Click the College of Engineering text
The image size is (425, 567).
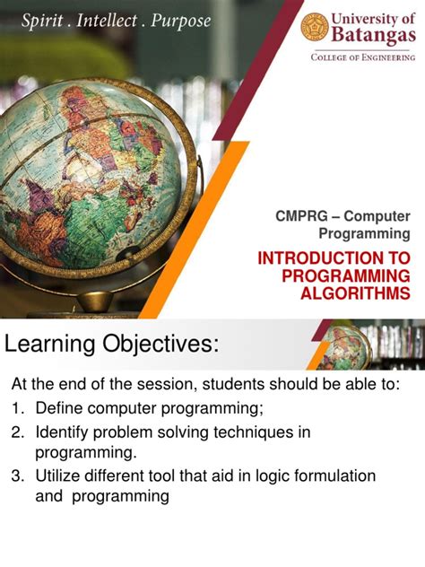click(363, 57)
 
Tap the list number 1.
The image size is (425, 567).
click(17, 409)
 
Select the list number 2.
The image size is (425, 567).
click(17, 432)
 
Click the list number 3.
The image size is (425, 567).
click(17, 475)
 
